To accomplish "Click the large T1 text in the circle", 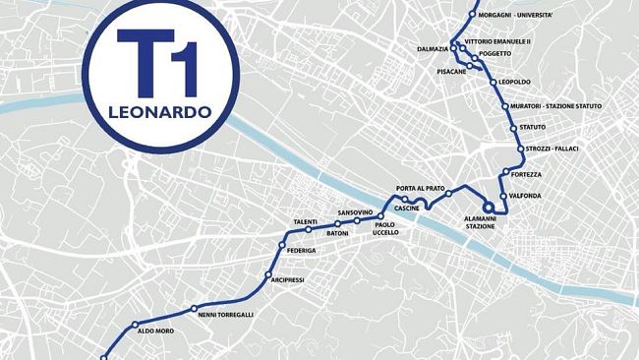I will click(161, 61).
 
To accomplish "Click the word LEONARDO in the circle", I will click(161, 111).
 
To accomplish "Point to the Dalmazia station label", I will click(433, 48).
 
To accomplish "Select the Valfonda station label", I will click(526, 196).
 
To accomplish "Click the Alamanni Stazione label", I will click(480, 222).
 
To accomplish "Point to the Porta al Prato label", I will click(421, 188).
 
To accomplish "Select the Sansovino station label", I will click(355, 212).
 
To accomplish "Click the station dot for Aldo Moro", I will click(136, 325).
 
